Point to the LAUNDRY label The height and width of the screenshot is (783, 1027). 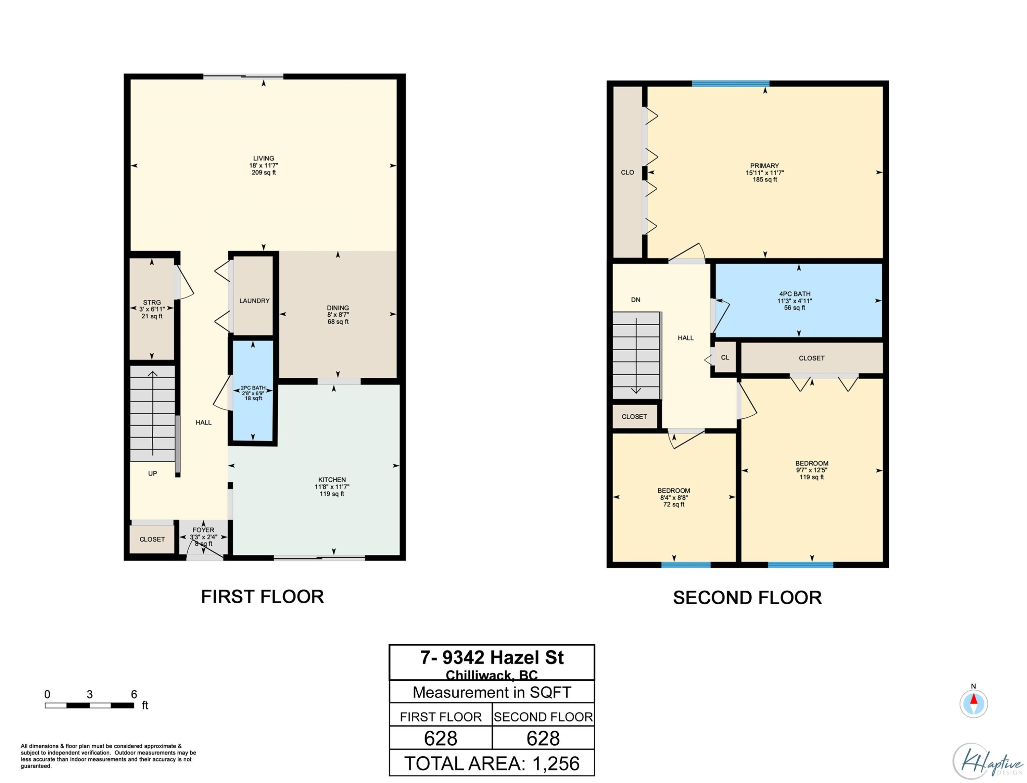click(254, 301)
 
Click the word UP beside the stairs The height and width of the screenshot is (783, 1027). click(152, 473)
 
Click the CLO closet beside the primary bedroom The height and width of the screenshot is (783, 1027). click(627, 172)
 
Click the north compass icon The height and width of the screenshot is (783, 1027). click(973, 703)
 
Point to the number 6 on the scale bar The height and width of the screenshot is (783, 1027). click(134, 694)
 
